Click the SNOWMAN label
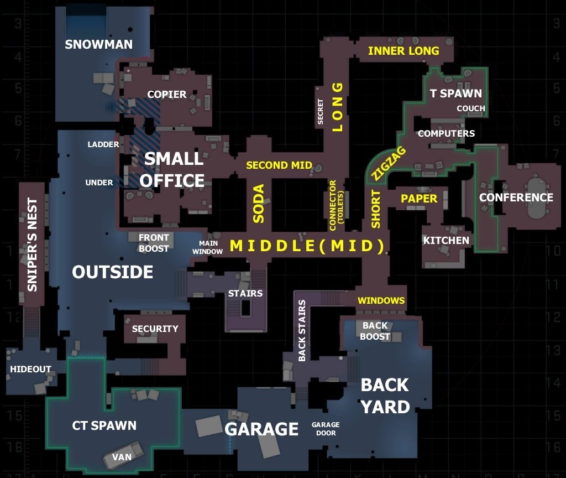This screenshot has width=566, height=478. (x=99, y=44)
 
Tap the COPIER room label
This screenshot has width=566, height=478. (x=167, y=94)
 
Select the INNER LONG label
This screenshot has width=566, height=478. (x=403, y=51)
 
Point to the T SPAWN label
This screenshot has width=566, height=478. (x=456, y=93)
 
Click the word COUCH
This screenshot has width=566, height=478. (x=471, y=108)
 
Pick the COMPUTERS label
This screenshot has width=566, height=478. (x=446, y=133)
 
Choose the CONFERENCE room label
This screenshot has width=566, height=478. (x=516, y=198)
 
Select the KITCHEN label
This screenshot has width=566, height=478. (x=446, y=240)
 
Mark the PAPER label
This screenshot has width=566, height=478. (x=419, y=198)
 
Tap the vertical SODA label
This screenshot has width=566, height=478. (x=259, y=204)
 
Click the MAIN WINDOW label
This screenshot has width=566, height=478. (x=208, y=247)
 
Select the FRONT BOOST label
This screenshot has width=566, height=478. (x=154, y=243)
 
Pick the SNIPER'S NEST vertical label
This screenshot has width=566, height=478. (x=32, y=245)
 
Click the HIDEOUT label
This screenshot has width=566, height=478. (x=31, y=369)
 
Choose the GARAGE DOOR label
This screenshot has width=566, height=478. (x=326, y=429)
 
